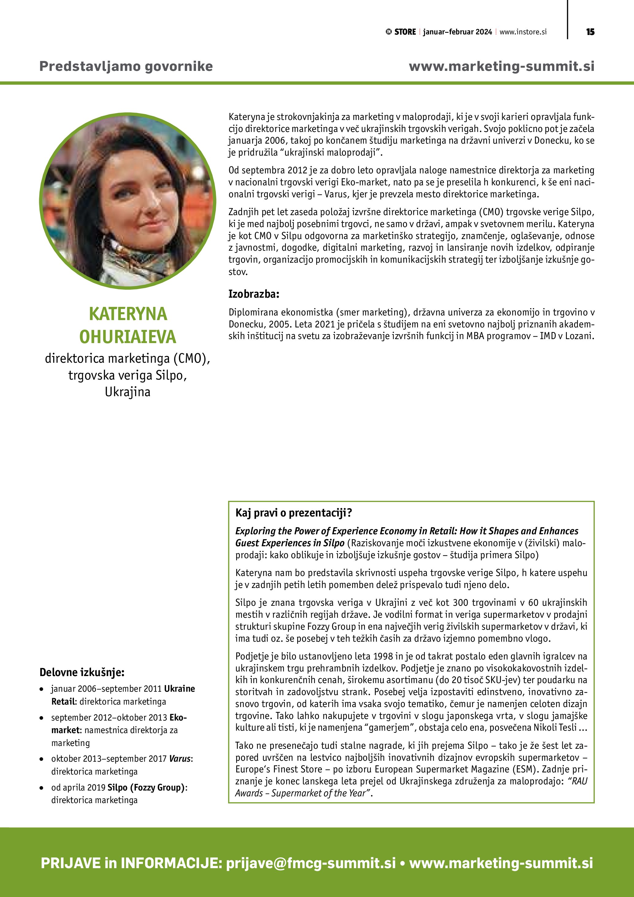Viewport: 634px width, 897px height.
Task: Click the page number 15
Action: (x=590, y=32)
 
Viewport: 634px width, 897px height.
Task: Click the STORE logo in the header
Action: (x=401, y=32)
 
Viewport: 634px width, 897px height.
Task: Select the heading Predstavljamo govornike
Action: (x=126, y=66)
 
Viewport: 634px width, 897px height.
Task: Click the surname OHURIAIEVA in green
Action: (x=128, y=337)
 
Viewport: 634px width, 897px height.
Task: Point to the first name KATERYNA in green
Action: (x=128, y=314)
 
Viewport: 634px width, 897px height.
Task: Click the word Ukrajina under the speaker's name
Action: (x=128, y=392)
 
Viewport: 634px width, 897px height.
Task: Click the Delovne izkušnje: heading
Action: (x=82, y=672)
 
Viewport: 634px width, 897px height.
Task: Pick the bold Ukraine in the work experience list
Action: (x=179, y=688)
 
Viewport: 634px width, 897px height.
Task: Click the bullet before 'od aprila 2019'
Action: (x=41, y=788)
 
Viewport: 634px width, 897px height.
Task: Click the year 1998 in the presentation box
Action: (x=383, y=656)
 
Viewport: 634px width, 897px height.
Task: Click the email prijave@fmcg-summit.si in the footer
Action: (x=311, y=863)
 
